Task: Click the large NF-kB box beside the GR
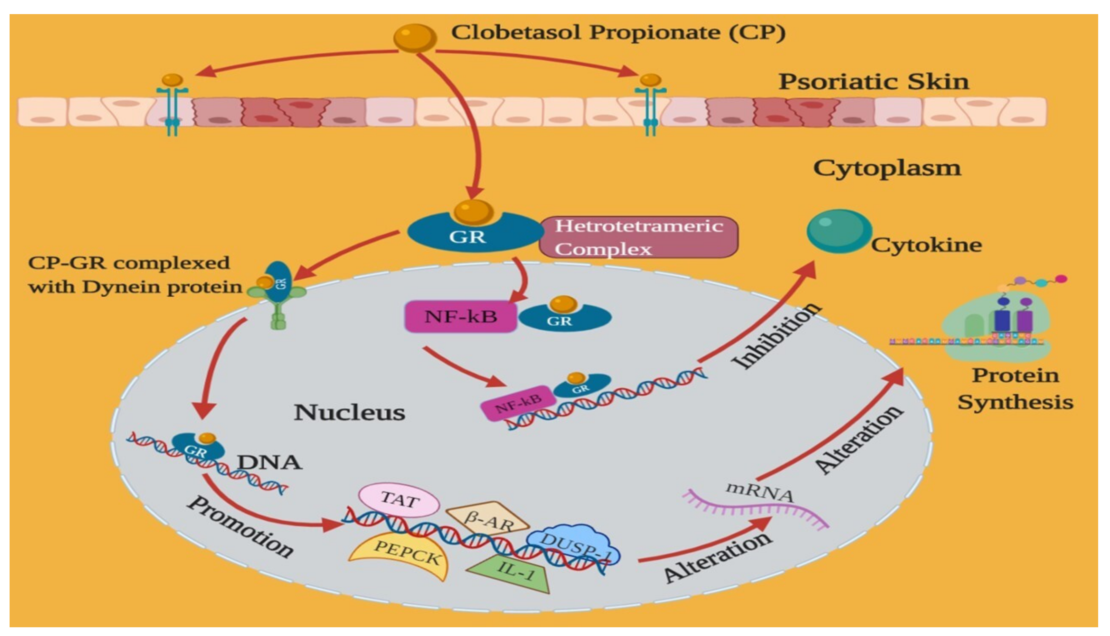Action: (461, 317)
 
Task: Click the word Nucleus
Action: (349, 412)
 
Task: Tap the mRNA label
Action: (759, 491)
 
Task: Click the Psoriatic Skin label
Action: (874, 82)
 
